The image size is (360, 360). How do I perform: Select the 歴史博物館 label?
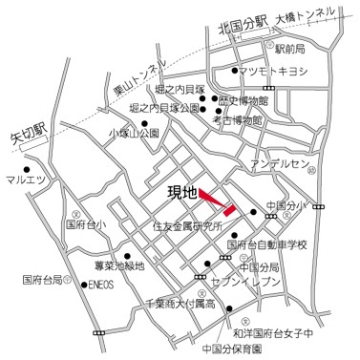[x=257, y=100]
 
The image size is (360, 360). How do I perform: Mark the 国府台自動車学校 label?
[x=268, y=244]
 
